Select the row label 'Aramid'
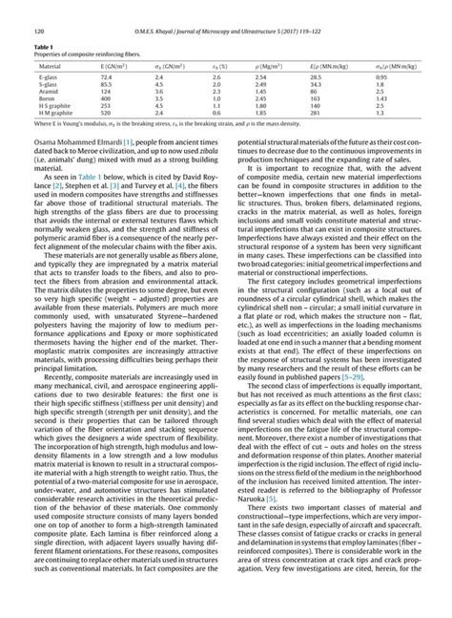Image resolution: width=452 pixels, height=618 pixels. (x=48, y=90)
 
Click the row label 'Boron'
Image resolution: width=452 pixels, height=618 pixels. (x=47, y=98)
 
